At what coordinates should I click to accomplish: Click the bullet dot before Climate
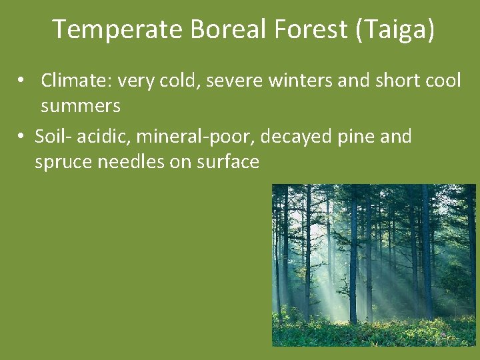tap(22, 81)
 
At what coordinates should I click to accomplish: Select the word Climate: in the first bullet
tap(75, 81)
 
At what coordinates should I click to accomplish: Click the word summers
tap(81, 105)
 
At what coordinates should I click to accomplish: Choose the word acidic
tap(99, 137)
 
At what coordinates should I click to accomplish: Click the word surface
tap(228, 162)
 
